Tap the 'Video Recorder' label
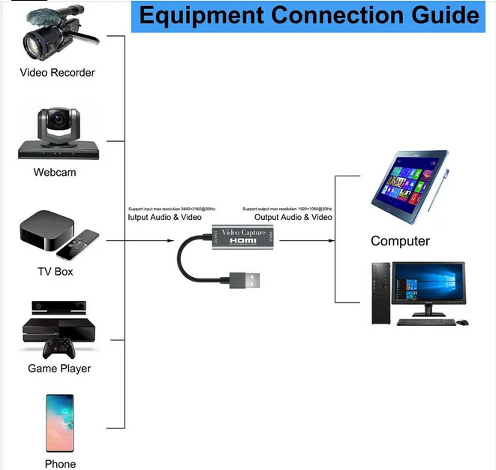(x=57, y=73)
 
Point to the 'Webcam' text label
(x=55, y=172)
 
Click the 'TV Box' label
(x=56, y=271)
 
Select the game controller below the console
(x=58, y=348)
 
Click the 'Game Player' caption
(x=59, y=369)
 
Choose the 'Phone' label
(x=60, y=464)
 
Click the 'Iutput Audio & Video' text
(x=166, y=217)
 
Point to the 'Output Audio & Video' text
(x=287, y=217)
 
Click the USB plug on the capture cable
(x=248, y=282)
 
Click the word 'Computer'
(x=400, y=241)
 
